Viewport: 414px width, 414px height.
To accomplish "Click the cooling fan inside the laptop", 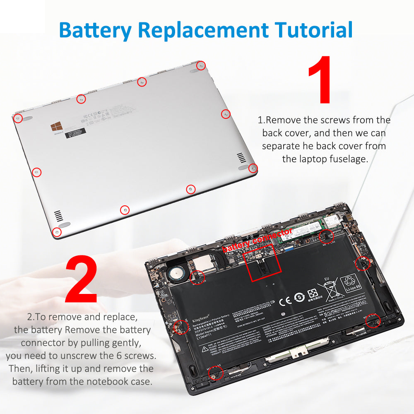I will pyautogui.click(x=175, y=274).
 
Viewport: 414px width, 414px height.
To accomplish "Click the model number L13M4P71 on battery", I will pyautogui.click(x=202, y=338).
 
